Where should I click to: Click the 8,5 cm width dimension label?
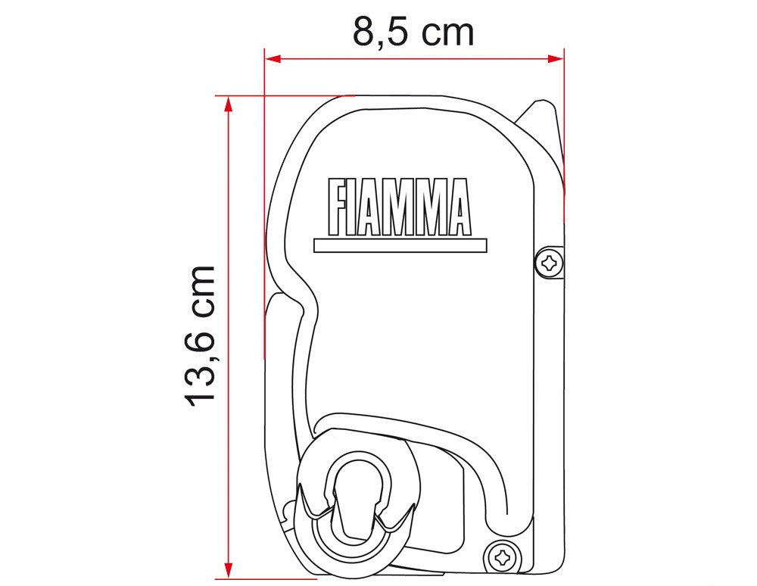click(413, 31)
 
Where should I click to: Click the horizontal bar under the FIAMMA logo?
click(400, 245)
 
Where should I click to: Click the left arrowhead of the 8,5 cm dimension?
click(273, 58)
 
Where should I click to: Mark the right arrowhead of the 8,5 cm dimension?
click(556, 58)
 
